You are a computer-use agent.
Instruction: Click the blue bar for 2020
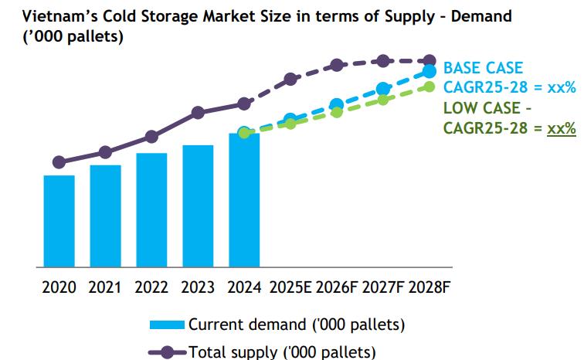[x=59, y=221]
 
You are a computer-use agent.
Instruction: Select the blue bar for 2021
[x=105, y=216]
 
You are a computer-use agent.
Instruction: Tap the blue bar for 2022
[x=151, y=209]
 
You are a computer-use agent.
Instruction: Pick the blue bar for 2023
[x=198, y=205]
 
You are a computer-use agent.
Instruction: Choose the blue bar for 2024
[x=244, y=199]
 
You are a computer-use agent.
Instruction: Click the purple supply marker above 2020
[x=59, y=162]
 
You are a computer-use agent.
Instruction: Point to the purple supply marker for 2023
[x=198, y=113]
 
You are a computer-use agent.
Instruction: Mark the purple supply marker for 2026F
[x=337, y=66]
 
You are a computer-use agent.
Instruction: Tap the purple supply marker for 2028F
[x=430, y=60]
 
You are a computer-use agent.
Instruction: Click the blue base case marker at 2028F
[x=430, y=72]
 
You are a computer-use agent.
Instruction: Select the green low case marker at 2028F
[x=430, y=86]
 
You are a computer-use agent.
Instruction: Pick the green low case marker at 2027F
[x=383, y=99]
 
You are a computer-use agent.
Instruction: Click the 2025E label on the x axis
[x=290, y=288]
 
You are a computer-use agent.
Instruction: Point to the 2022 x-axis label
[x=151, y=288]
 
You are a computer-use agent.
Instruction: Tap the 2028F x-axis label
[x=430, y=288]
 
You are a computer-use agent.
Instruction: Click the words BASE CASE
[x=483, y=69]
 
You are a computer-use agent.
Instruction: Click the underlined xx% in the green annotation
[x=561, y=128]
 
